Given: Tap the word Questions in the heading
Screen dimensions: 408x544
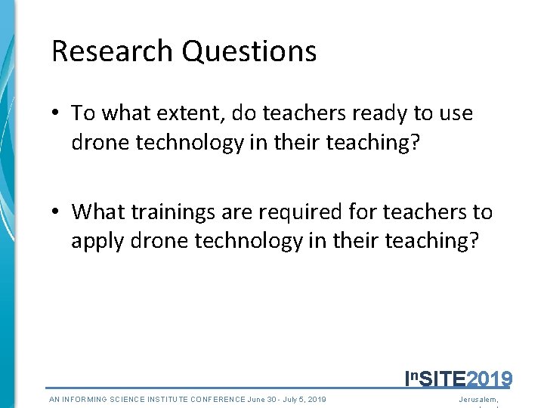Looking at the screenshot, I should click(250, 51).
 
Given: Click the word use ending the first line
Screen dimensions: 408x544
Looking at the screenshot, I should click(456, 113).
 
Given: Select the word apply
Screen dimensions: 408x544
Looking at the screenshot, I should click(97, 240).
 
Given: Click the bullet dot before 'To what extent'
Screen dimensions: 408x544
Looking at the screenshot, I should click(57, 114).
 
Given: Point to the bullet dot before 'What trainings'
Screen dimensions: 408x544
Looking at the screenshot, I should click(57, 213).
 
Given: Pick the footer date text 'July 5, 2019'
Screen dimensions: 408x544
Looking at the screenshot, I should click(301, 399).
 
